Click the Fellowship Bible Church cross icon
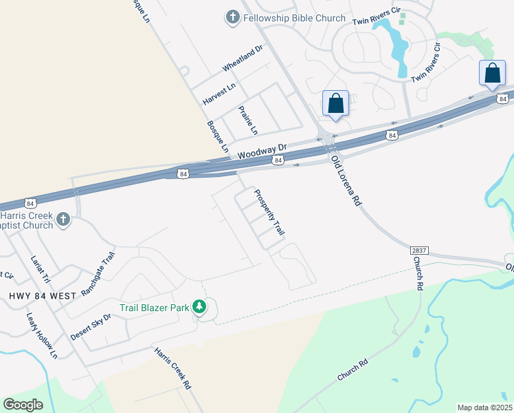pyautogui.click(x=232, y=17)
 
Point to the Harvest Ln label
pyautogui.click(x=219, y=93)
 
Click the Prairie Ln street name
pyautogui.click(x=248, y=120)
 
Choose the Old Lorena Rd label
pyautogui.click(x=346, y=181)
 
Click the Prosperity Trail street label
pyautogui.click(x=269, y=213)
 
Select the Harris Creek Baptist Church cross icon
pyautogui.click(x=63, y=220)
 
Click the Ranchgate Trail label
pyautogui.click(x=98, y=273)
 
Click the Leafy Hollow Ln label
pyautogui.click(x=42, y=336)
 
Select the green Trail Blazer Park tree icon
pyautogui.click(x=199, y=307)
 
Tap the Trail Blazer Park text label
pyautogui.click(x=154, y=308)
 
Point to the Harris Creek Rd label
pyautogui.click(x=172, y=368)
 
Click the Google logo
pyautogui.click(x=23, y=405)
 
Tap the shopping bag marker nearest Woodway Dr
pyautogui.click(x=335, y=104)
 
